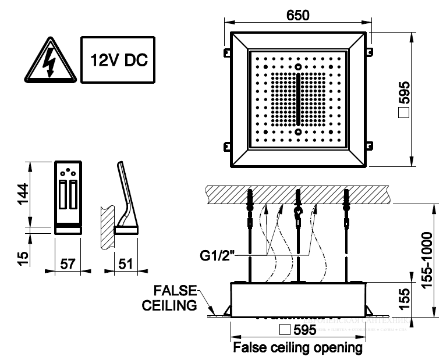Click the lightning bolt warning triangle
(49, 60)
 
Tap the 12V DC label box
(118, 60)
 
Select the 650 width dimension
(297, 13)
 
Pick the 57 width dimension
(68, 263)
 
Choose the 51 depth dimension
(125, 263)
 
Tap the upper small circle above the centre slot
(298, 66)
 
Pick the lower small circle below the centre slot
(298, 131)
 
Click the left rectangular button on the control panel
(63, 195)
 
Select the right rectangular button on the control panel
(73, 195)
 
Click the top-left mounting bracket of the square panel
(225, 53)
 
